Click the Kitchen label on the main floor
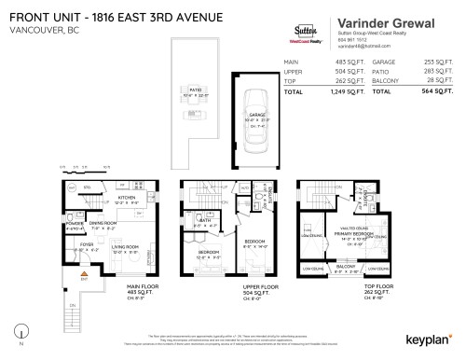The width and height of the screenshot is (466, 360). click(128, 197)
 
